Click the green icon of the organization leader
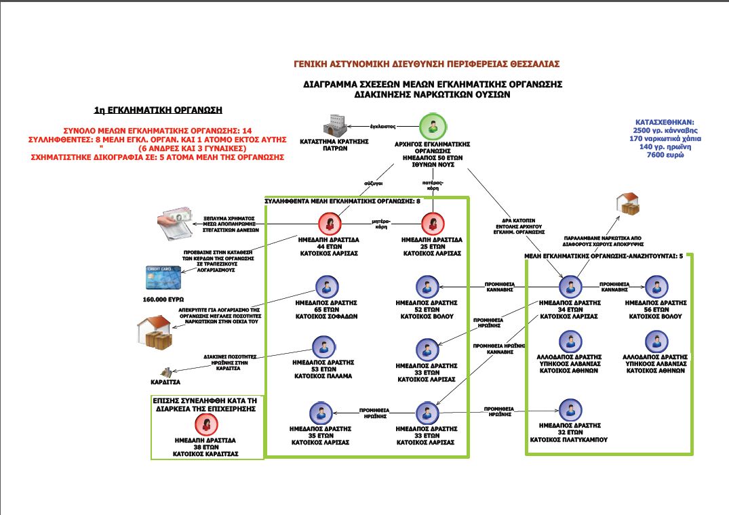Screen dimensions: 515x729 click(432, 127)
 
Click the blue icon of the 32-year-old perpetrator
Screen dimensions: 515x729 click(570, 409)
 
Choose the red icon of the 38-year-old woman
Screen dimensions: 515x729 click(204, 425)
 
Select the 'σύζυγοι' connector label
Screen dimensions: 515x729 click(372, 182)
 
